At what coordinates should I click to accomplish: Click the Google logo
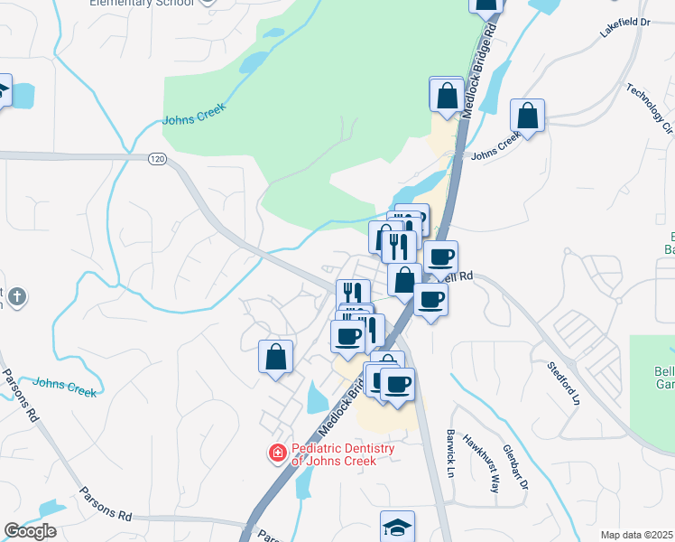tap(30, 531)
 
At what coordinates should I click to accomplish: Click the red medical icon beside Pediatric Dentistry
tap(278, 452)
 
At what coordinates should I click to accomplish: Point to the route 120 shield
tap(158, 158)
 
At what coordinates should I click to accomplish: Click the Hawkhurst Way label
tap(481, 463)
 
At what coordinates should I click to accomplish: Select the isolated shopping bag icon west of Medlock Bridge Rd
tap(276, 356)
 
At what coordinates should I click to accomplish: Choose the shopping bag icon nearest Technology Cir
tap(527, 116)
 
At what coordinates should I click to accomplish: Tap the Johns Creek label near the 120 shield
tap(192, 115)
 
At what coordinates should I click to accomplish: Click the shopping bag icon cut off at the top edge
tap(486, 5)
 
